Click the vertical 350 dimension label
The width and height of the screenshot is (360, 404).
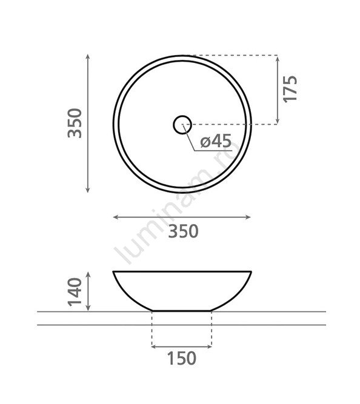tap(75, 123)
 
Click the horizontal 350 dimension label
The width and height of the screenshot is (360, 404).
tap(184, 231)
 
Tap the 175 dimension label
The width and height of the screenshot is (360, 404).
tap(290, 89)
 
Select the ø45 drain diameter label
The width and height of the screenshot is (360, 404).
tap(216, 141)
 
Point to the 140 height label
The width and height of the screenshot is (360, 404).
tap(75, 292)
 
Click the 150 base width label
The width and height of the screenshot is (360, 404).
tap(182, 358)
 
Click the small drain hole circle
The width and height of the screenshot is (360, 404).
tap(182, 125)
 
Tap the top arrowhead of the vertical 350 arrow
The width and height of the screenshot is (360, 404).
tap(88, 56)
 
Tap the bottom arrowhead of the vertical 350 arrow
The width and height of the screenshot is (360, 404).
tap(88, 190)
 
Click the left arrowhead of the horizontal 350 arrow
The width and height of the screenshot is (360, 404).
tap(116, 217)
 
